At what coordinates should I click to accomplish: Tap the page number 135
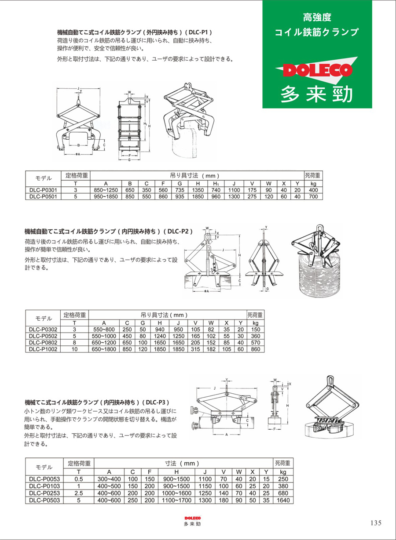click(376, 523)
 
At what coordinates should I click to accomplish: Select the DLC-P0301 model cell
click(44, 190)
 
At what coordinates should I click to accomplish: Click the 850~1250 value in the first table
click(106, 190)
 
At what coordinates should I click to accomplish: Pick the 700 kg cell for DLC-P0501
click(313, 196)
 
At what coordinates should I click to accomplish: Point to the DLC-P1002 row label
click(44, 349)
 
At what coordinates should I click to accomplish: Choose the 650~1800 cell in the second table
click(104, 349)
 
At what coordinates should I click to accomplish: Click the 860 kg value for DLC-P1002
click(255, 349)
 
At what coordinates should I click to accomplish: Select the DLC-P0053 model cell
click(44, 479)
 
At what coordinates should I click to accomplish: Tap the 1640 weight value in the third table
click(283, 500)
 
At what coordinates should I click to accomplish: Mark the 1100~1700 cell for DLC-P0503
click(176, 500)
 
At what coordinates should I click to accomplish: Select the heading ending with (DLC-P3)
click(97, 402)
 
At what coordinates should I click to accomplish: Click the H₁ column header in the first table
click(216, 183)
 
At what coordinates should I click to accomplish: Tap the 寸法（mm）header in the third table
click(182, 464)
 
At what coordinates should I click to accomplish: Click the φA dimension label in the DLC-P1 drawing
click(77, 154)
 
